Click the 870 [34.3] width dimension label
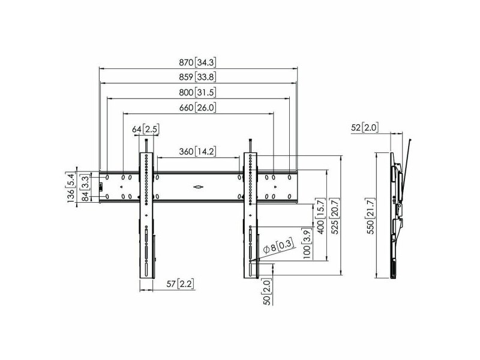tap(197, 62)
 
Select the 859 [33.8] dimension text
tap(197, 77)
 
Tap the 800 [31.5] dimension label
tap(197, 92)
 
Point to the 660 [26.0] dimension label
tap(197, 107)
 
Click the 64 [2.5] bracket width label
tap(146, 129)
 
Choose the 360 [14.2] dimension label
tap(197, 151)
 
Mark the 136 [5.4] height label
tap(70, 188)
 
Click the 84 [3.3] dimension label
tap(85, 188)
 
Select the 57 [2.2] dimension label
tap(181, 284)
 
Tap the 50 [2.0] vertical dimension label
tap(267, 292)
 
